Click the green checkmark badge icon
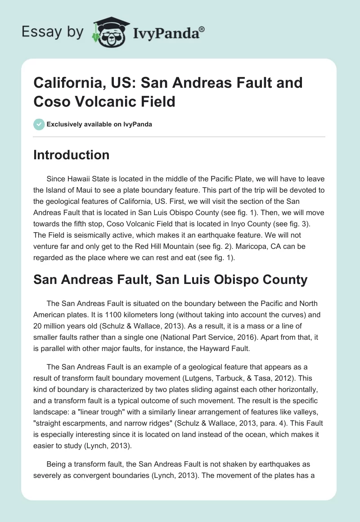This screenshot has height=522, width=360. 39,124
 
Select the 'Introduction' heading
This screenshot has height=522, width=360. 72,155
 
